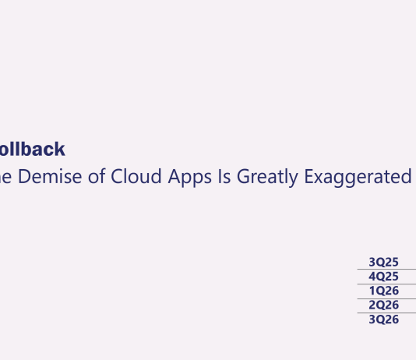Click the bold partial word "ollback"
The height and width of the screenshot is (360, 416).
[32, 150]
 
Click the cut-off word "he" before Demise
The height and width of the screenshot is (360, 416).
[5, 177]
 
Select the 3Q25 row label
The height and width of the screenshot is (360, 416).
[383, 263]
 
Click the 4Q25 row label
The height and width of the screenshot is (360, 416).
[383, 277]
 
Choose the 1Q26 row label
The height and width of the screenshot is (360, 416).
[383, 291]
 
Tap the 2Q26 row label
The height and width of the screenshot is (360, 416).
[383, 305]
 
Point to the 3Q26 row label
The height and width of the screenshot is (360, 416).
[383, 319]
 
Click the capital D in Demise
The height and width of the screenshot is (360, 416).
[23, 177]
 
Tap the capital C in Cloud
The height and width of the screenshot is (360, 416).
[118, 177]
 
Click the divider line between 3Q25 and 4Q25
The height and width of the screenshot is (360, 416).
[386, 270]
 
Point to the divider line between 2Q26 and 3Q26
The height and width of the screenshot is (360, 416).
[386, 312]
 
